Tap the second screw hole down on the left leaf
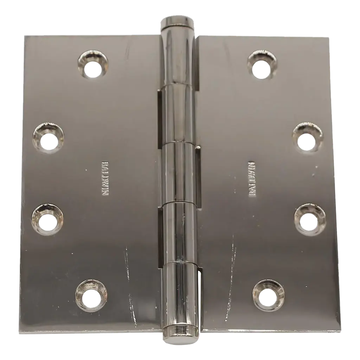pyautogui.click(x=49, y=138)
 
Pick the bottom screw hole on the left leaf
pyautogui.click(x=91, y=295)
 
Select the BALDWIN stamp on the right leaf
pyautogui.click(x=252, y=179)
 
